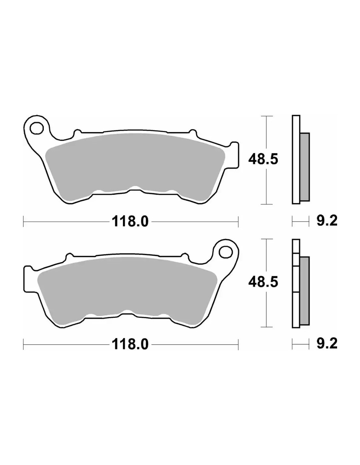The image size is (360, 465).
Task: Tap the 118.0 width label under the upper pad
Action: (x=130, y=222)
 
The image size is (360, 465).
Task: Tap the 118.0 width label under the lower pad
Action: (x=130, y=344)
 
